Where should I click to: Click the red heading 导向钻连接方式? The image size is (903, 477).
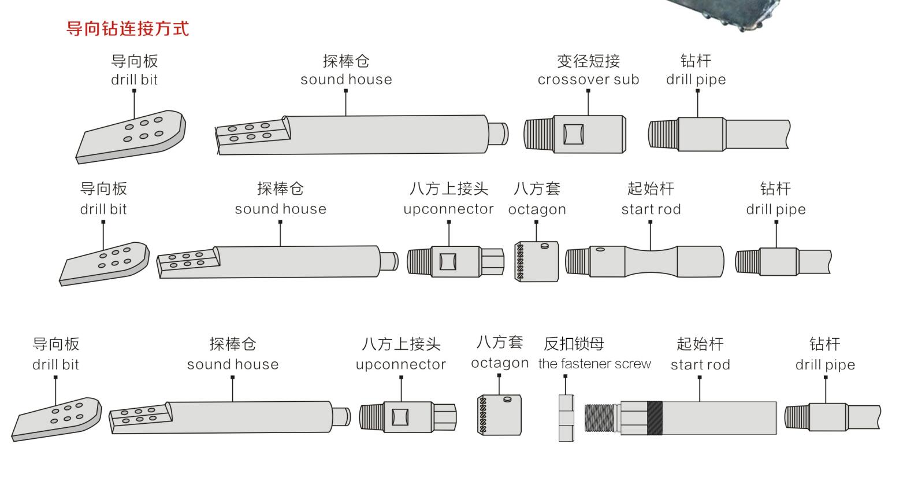tap(127, 29)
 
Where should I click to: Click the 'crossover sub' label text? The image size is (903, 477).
tap(588, 80)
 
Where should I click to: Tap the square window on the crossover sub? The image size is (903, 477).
tap(573, 134)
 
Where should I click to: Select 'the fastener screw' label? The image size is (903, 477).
tap(594, 364)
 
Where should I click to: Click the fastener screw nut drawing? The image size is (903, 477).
tap(566, 418)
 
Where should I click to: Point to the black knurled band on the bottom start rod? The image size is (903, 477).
tap(655, 418)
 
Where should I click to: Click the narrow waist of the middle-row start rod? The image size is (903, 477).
tap(651, 261)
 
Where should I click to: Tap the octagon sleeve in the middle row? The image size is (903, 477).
tap(537, 261)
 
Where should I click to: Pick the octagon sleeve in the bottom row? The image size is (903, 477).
tap(499, 415)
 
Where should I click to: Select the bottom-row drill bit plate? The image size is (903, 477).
tap(57, 419)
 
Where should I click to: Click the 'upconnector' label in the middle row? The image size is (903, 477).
tap(448, 209)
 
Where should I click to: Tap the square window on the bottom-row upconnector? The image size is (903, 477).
tap(400, 417)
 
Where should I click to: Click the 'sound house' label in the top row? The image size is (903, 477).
tap(346, 80)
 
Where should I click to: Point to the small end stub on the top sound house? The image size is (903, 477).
tap(498, 134)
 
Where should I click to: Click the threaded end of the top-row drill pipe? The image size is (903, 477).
tap(663, 134)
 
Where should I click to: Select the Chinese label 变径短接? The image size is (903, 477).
tap(588, 61)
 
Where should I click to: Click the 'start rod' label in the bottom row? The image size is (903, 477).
tap(700, 365)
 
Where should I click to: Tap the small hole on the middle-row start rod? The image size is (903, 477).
tap(600, 250)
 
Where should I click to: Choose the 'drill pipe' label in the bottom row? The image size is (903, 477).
tap(825, 365)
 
